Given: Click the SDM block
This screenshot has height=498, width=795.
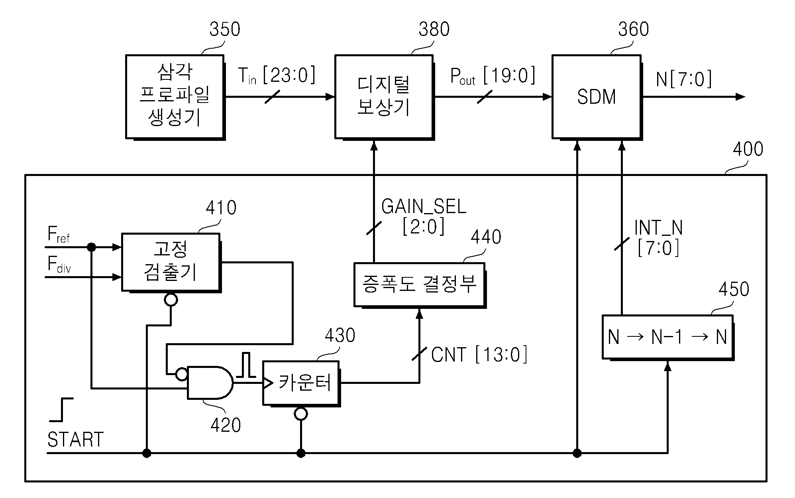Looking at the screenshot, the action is (597, 97).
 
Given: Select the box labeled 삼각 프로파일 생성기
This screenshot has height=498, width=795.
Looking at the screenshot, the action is (175, 97).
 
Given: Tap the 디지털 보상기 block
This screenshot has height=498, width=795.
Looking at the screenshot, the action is (384, 97).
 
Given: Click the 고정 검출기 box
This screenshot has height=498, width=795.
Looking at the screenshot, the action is (171, 263).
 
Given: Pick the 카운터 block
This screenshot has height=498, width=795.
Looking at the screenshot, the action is (301, 383).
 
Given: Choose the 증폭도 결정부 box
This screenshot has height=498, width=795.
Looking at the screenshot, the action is (420, 285).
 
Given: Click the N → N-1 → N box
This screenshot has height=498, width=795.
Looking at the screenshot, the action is (668, 338).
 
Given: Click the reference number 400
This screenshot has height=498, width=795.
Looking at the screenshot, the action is (748, 149).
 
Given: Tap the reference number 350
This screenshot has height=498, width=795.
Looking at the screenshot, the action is (225, 30).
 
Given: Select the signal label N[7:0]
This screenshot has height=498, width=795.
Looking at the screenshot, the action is (684, 79).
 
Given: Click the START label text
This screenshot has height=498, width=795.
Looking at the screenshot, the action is (76, 440).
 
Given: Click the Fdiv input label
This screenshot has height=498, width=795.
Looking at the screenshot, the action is (59, 265).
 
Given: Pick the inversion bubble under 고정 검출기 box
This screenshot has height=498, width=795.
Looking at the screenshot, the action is (171, 300).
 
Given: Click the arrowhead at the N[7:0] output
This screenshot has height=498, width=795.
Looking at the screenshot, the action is (740, 97).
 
